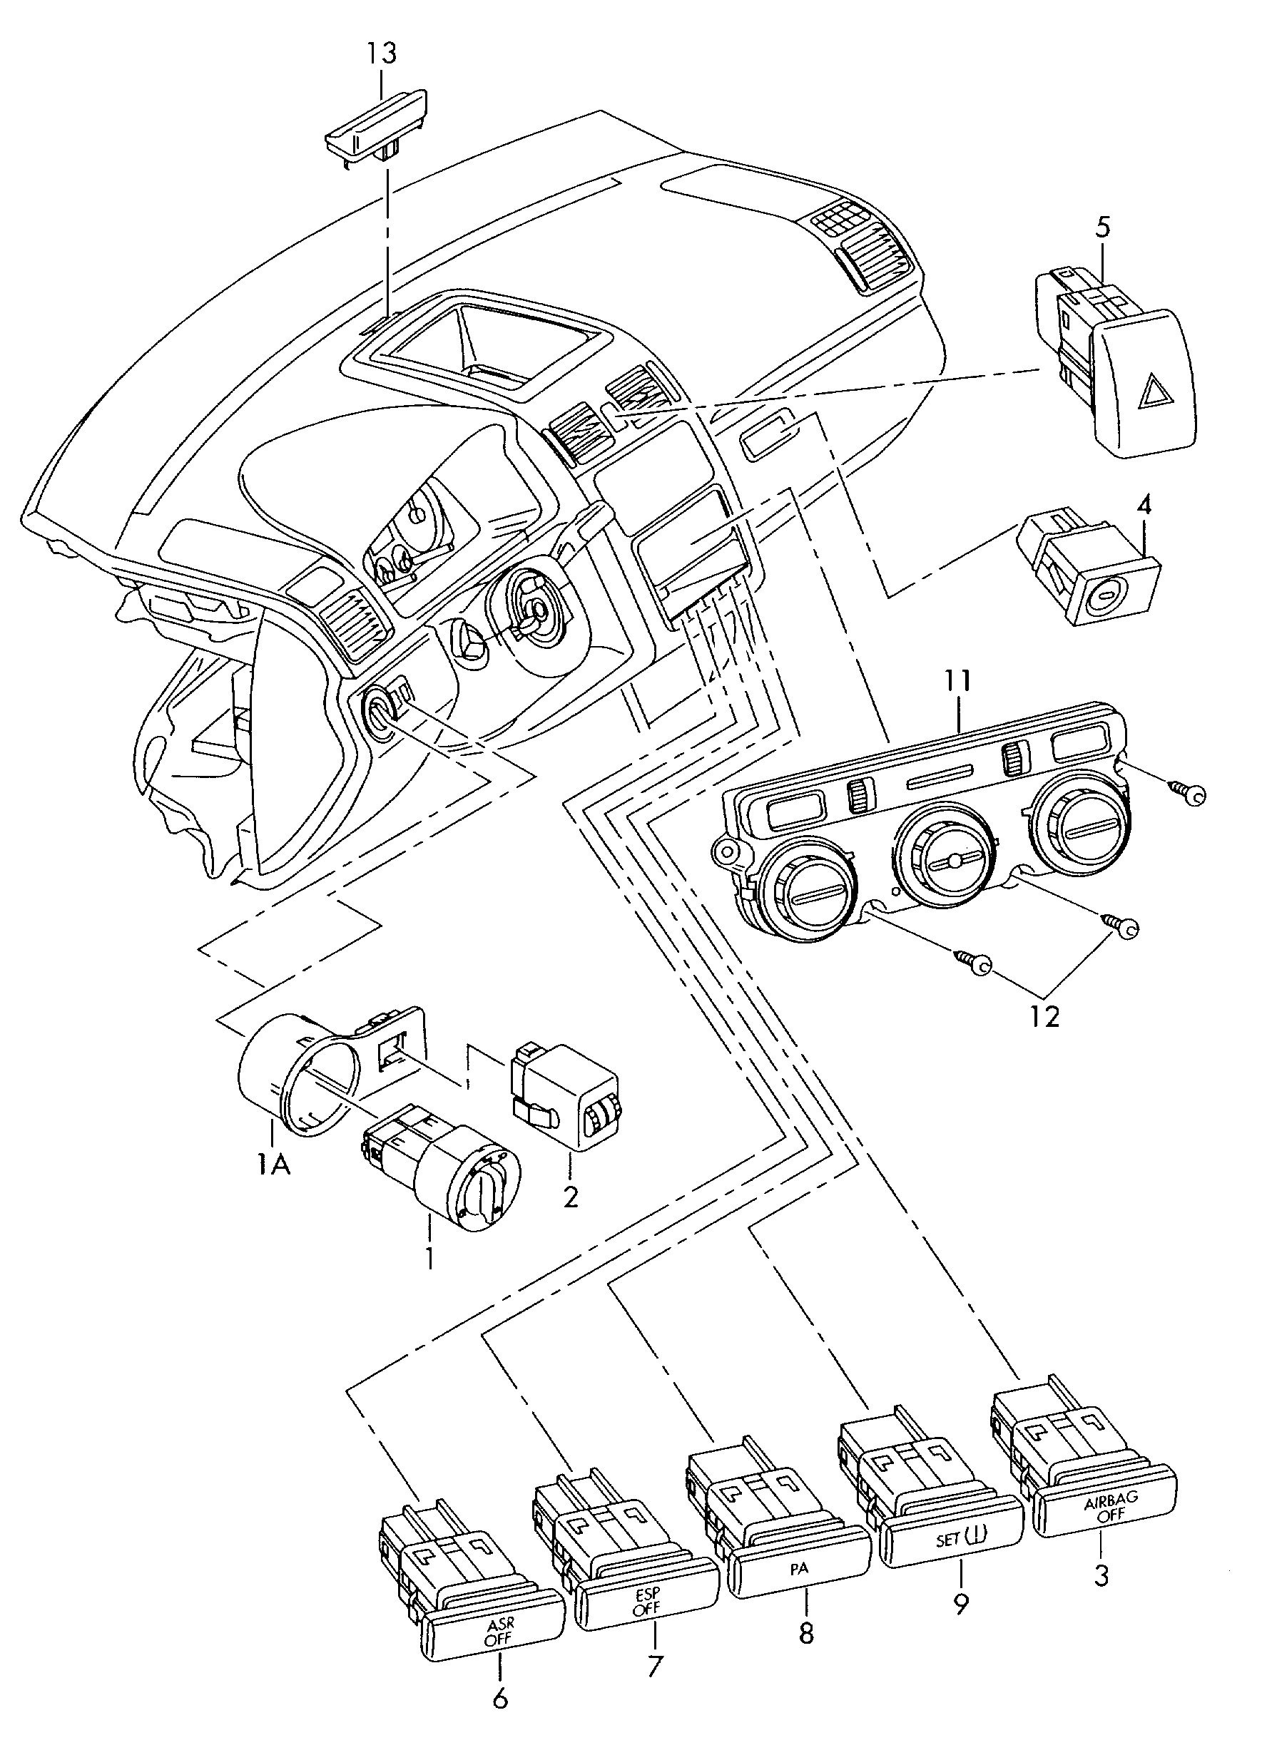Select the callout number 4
click(x=1144, y=506)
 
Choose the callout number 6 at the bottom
click(x=500, y=1715)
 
